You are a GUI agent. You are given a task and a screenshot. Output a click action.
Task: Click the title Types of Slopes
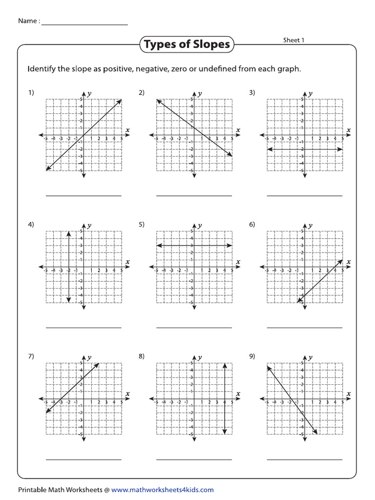pyautogui.click(x=187, y=45)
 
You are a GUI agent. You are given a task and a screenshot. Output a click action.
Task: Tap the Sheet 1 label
pyautogui.click(x=293, y=40)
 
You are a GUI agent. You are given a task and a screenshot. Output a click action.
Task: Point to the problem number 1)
pyautogui.click(x=31, y=93)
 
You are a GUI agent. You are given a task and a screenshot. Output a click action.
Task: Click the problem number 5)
pyautogui.click(x=142, y=225)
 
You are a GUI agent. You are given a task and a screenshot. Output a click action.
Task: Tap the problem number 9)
pyautogui.click(x=252, y=356)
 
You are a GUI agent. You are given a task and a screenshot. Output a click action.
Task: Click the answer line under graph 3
pyautogui.click(x=305, y=196)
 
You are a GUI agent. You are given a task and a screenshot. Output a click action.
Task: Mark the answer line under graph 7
pyautogui.click(x=83, y=459)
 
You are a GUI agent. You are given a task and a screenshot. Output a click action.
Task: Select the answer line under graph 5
pyautogui.click(x=194, y=328)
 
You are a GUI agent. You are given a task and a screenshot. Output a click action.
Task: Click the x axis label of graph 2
pyautogui.click(x=238, y=130)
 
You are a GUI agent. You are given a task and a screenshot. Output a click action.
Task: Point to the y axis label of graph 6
pyautogui.click(x=311, y=225)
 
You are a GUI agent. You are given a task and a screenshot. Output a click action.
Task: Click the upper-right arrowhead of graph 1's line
pyautogui.click(x=120, y=101)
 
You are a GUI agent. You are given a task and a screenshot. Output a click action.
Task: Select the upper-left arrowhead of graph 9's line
pyautogui.click(x=269, y=367)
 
